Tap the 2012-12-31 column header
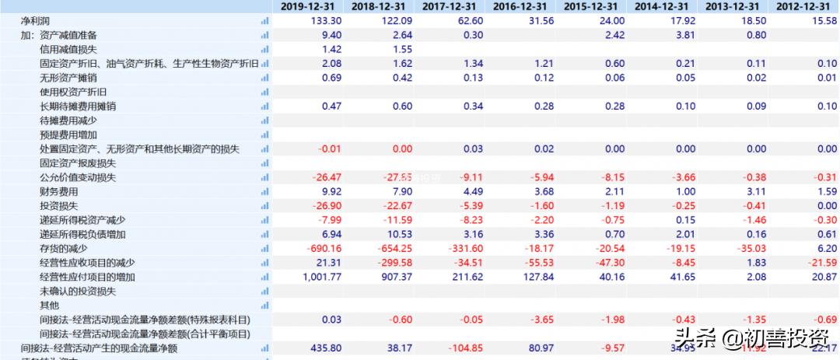(807, 6)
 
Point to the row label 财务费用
(59, 191)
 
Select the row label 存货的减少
(65, 248)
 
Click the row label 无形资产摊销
(68, 78)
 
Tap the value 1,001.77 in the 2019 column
(317, 277)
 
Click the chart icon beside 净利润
(265, 21)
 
